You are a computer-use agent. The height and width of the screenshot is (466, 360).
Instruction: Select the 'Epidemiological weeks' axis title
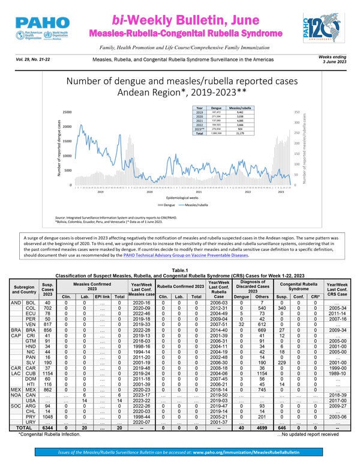176,196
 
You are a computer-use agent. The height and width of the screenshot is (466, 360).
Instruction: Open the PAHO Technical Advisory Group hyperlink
200,255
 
